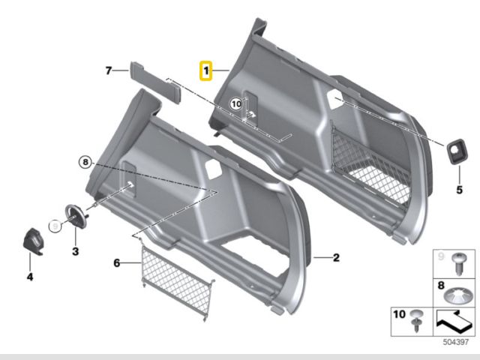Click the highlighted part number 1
(x=205, y=70)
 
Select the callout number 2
(x=336, y=258)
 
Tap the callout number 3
(x=75, y=251)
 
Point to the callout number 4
(x=30, y=277)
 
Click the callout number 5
(x=459, y=190)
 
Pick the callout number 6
(x=117, y=262)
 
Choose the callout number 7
(x=108, y=70)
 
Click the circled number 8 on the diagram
(x=85, y=162)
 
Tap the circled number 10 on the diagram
(x=236, y=104)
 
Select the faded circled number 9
(x=55, y=226)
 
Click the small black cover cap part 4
(x=33, y=241)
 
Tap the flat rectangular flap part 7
(x=155, y=82)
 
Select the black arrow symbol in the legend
(x=454, y=322)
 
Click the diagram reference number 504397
(x=456, y=342)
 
